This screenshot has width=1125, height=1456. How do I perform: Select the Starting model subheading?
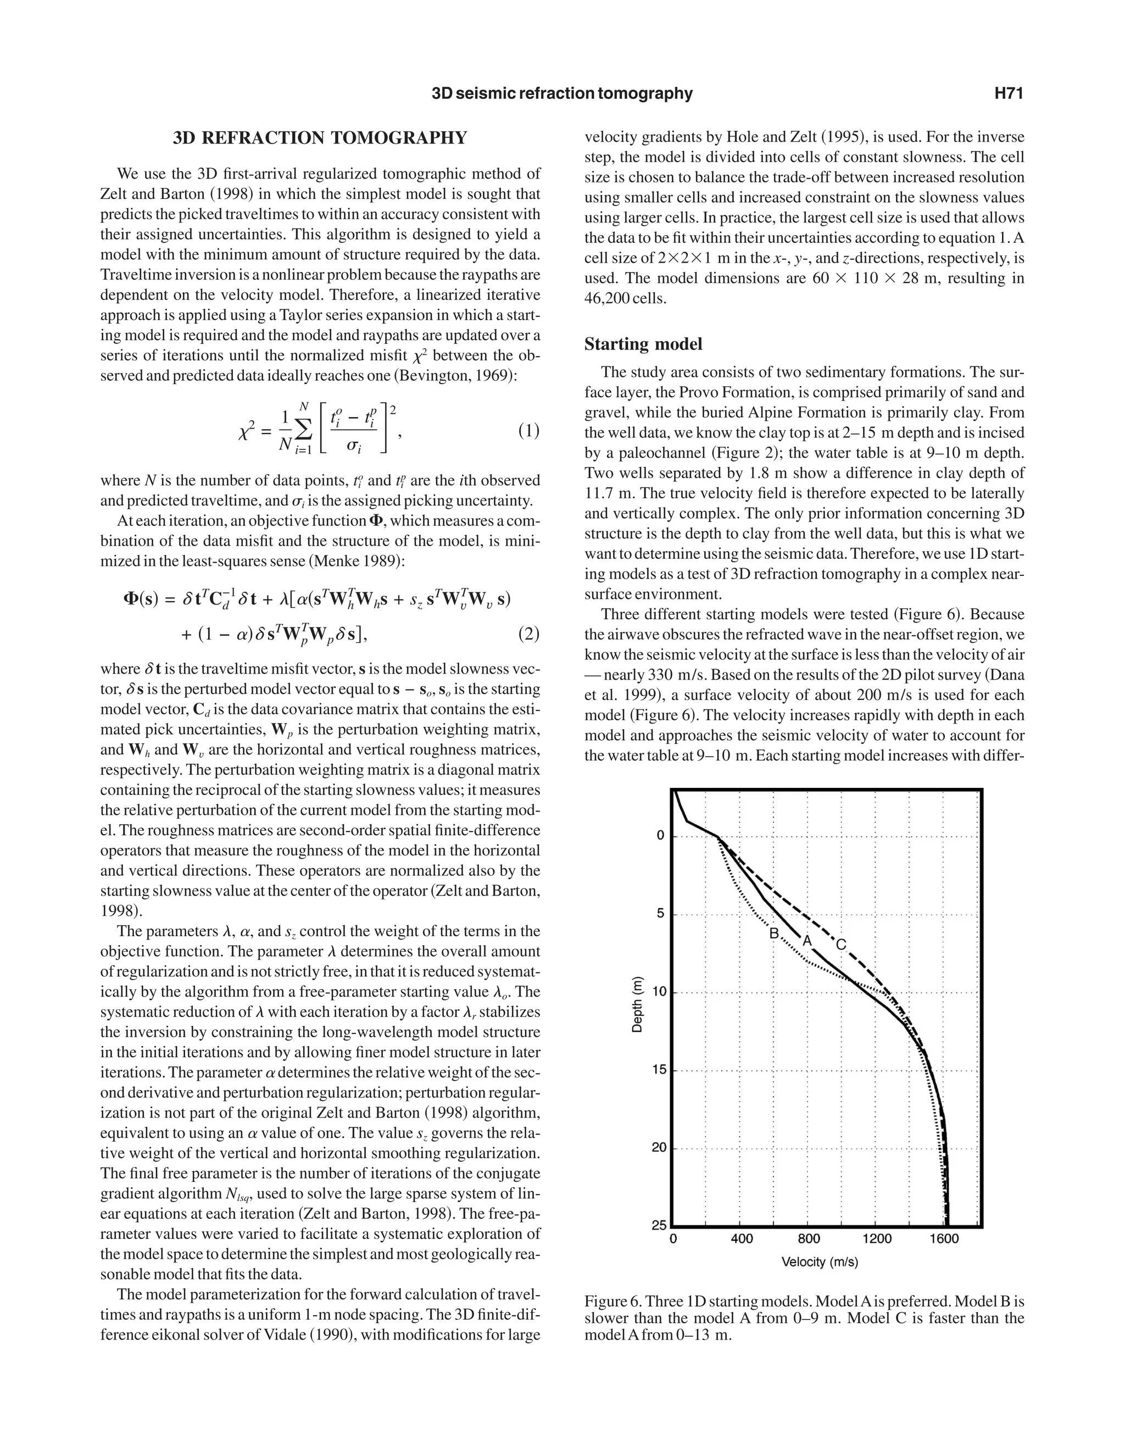(x=643, y=344)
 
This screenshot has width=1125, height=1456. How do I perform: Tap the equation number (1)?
(x=528, y=431)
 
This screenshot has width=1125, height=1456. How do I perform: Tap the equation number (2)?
(x=528, y=634)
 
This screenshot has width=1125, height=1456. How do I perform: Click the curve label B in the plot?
(x=774, y=933)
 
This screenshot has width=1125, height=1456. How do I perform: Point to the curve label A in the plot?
(x=806, y=941)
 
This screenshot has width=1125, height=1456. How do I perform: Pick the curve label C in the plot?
(x=841, y=944)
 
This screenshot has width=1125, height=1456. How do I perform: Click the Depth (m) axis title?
(x=637, y=1005)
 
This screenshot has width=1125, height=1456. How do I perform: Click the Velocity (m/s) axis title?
(x=820, y=1262)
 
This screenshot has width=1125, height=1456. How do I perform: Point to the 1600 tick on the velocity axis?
(x=944, y=1238)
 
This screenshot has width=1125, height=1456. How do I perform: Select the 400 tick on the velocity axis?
(x=741, y=1238)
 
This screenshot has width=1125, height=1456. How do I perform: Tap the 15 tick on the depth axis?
(x=659, y=1070)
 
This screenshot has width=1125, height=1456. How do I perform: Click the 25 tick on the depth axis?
(x=659, y=1225)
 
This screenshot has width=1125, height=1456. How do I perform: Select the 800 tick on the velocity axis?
(x=809, y=1238)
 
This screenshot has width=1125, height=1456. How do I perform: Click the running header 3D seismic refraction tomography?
(x=562, y=93)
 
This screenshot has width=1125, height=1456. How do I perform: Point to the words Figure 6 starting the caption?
(x=612, y=1301)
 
